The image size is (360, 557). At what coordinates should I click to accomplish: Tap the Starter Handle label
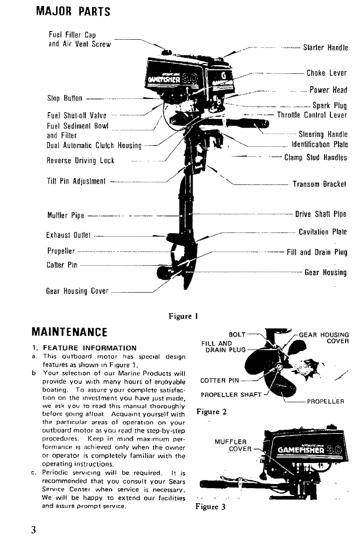click(x=325, y=47)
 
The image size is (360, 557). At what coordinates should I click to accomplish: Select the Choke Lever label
click(x=327, y=73)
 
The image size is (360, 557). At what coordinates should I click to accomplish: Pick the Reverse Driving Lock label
click(x=80, y=160)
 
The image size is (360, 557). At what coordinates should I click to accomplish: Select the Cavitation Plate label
click(x=323, y=232)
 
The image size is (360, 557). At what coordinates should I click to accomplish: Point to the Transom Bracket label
click(x=320, y=185)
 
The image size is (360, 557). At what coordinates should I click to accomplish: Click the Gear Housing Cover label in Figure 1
click(x=77, y=290)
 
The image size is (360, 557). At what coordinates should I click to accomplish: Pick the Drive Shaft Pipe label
click(x=321, y=214)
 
